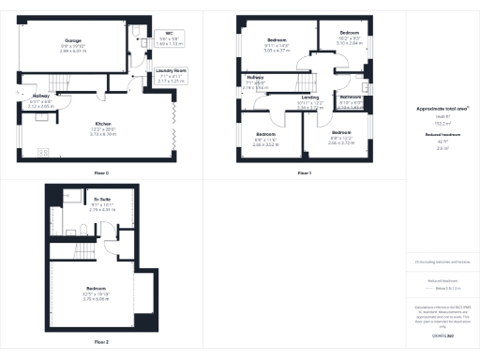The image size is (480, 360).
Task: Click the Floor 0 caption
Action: (101, 173)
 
